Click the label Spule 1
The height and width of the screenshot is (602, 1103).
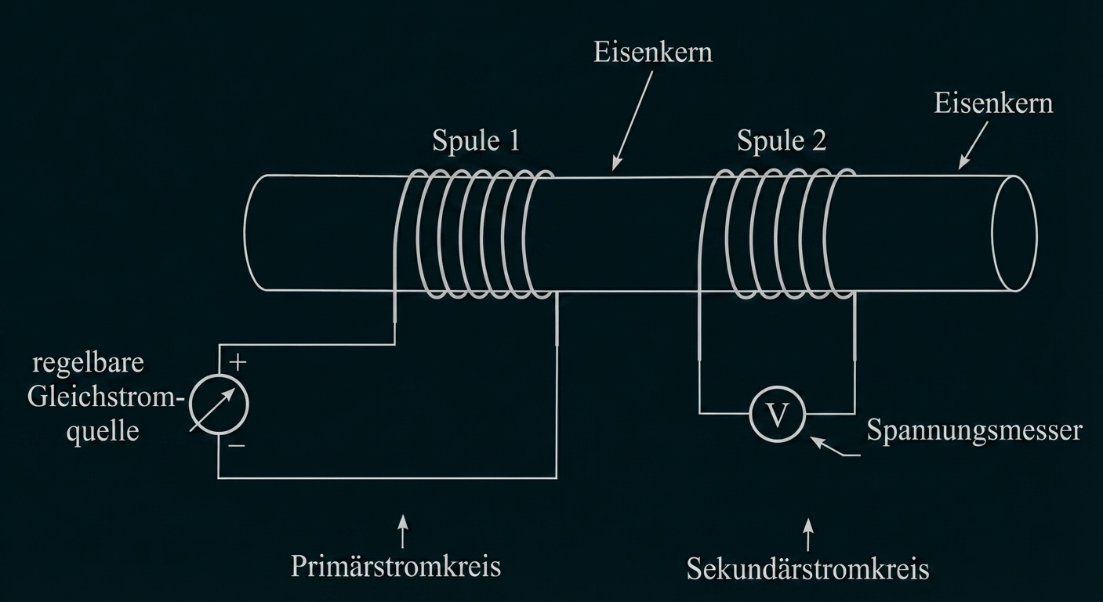point(476,140)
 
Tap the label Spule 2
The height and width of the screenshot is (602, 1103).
point(781,140)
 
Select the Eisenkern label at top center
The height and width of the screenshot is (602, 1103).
point(652,53)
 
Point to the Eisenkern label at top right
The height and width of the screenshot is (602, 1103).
point(993,103)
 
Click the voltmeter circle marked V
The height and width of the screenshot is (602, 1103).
point(777,414)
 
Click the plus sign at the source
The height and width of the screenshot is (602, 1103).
point(238,362)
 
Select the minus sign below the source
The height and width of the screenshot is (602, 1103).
point(238,446)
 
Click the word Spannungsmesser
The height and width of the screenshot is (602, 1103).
point(974,430)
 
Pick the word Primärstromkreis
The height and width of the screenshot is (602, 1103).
point(395,566)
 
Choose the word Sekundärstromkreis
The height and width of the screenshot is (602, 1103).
point(807,568)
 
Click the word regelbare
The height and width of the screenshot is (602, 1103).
point(89,364)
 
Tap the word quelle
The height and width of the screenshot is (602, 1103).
point(103,431)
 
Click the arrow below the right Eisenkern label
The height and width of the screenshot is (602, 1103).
point(973,148)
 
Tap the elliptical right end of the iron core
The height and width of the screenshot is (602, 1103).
point(1014,234)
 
